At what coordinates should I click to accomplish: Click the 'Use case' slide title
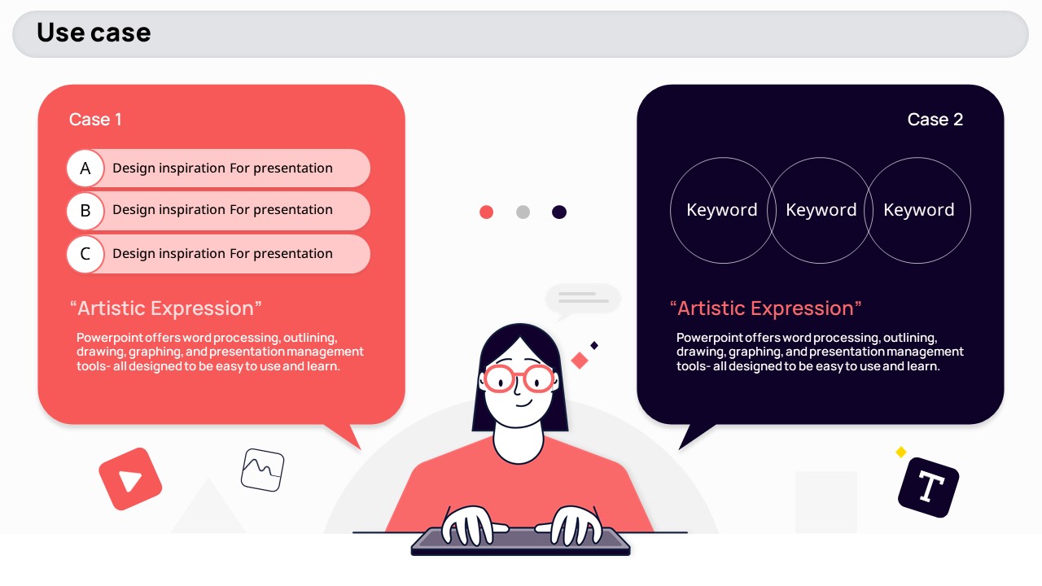click(x=94, y=33)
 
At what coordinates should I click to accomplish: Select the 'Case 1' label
click(x=95, y=120)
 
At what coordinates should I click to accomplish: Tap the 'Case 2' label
click(x=935, y=120)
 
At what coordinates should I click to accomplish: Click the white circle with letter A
click(x=85, y=168)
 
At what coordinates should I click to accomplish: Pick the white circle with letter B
click(x=85, y=211)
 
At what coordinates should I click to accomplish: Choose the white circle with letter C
click(x=85, y=254)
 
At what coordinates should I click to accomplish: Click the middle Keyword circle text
click(x=821, y=210)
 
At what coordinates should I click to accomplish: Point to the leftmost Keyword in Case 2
click(x=722, y=210)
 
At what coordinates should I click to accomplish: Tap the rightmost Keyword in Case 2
click(x=919, y=210)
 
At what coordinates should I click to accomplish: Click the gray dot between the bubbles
click(x=523, y=212)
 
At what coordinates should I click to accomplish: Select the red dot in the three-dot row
click(x=486, y=212)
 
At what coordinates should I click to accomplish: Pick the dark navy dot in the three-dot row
click(x=559, y=212)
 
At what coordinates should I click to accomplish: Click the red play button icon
click(x=130, y=479)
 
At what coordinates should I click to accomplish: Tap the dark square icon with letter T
click(x=929, y=488)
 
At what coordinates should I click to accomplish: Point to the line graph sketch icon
click(x=262, y=470)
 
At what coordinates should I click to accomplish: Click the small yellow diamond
click(x=901, y=452)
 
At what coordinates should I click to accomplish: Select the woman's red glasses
click(x=519, y=378)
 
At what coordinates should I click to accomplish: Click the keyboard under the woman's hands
click(x=520, y=542)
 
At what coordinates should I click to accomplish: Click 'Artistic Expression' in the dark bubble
click(x=765, y=308)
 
